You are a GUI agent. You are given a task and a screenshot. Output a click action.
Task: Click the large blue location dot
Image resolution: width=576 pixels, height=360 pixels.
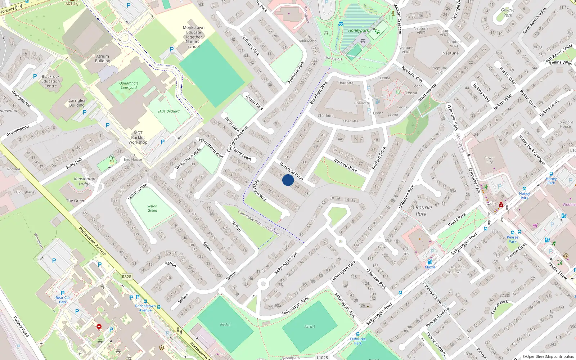pyautogui.click(x=288, y=180)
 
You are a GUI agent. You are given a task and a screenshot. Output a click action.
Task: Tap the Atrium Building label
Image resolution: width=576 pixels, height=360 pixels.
pyautogui.click(x=103, y=59)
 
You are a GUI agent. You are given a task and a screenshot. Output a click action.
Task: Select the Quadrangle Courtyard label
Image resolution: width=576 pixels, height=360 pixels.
pyautogui.click(x=129, y=85)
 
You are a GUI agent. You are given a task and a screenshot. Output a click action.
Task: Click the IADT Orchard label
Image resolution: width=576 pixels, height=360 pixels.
pyautogui.click(x=168, y=111)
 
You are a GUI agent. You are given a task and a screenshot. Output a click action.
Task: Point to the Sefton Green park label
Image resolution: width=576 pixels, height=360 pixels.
pyautogui.click(x=152, y=208)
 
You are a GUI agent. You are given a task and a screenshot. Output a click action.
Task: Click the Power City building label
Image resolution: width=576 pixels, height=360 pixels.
pyautogui.click(x=489, y=160)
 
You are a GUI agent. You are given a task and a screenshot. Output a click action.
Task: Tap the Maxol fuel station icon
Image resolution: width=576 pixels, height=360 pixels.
pyautogui.click(x=429, y=262)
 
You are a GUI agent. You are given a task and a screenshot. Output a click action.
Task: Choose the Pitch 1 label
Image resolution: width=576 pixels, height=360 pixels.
pyautogui.click(x=225, y=324)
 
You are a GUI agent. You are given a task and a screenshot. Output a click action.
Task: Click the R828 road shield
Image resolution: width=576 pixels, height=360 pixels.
pyautogui.click(x=126, y=277)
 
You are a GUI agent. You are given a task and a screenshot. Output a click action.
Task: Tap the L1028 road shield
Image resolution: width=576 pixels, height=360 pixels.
pyautogui.click(x=322, y=357)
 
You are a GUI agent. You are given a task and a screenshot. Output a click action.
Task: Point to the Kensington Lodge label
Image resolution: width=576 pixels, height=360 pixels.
pyautogui.click(x=85, y=181)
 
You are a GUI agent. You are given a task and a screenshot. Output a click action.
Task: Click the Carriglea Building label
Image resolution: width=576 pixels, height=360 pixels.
pyautogui.click(x=77, y=103)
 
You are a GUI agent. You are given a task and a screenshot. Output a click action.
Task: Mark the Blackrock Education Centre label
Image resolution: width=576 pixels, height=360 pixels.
pyautogui.click(x=50, y=81)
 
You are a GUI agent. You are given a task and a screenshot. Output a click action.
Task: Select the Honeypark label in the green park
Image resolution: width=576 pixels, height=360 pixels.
pyautogui.click(x=358, y=31)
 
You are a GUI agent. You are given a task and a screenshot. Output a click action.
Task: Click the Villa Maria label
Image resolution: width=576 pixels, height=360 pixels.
pyautogui.click(x=308, y=41)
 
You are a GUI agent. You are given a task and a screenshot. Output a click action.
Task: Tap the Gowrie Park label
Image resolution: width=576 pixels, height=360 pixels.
pyautogui.click(x=508, y=13)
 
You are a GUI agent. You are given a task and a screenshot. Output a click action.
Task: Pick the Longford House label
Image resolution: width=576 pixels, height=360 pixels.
pyautogui.click(x=565, y=124)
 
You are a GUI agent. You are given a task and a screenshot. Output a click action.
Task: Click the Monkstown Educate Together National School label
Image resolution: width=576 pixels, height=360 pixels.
pyautogui.click(x=194, y=37)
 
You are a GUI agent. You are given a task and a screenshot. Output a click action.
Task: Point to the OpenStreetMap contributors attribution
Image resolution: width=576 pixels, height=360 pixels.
pyautogui.click(x=548, y=356)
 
